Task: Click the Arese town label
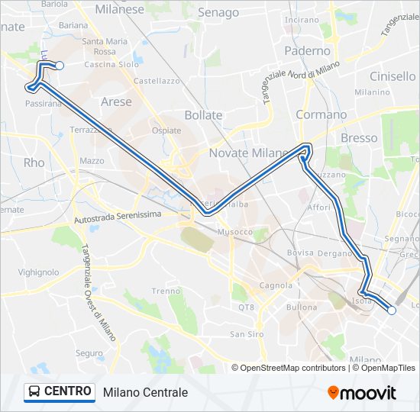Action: pyautogui.click(x=116, y=101)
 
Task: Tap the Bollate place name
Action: pyautogui.click(x=203, y=115)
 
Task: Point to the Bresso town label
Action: pyautogui.click(x=359, y=138)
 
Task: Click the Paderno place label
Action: pyautogui.click(x=307, y=51)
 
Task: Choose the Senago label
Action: pyautogui.click(x=218, y=13)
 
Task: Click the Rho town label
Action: pyautogui.click(x=34, y=163)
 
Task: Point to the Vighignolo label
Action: pyautogui.click(x=38, y=272)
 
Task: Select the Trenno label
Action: pyautogui.click(x=166, y=291)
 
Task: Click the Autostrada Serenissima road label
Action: pyautogui.click(x=118, y=217)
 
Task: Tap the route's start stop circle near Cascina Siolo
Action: pyautogui.click(x=60, y=66)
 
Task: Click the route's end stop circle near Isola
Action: pyautogui.click(x=392, y=311)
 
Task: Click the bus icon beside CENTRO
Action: pyautogui.click(x=34, y=392)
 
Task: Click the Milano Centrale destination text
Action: pyautogui.click(x=145, y=392)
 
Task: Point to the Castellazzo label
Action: pyautogui.click(x=156, y=80)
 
